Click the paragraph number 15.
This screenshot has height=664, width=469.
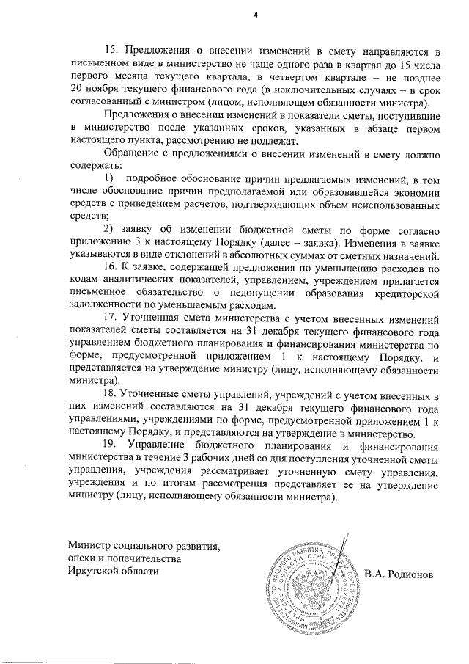click(x=112, y=51)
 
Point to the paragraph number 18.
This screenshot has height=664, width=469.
click(x=112, y=396)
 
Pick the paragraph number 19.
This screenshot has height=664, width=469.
click(x=112, y=445)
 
